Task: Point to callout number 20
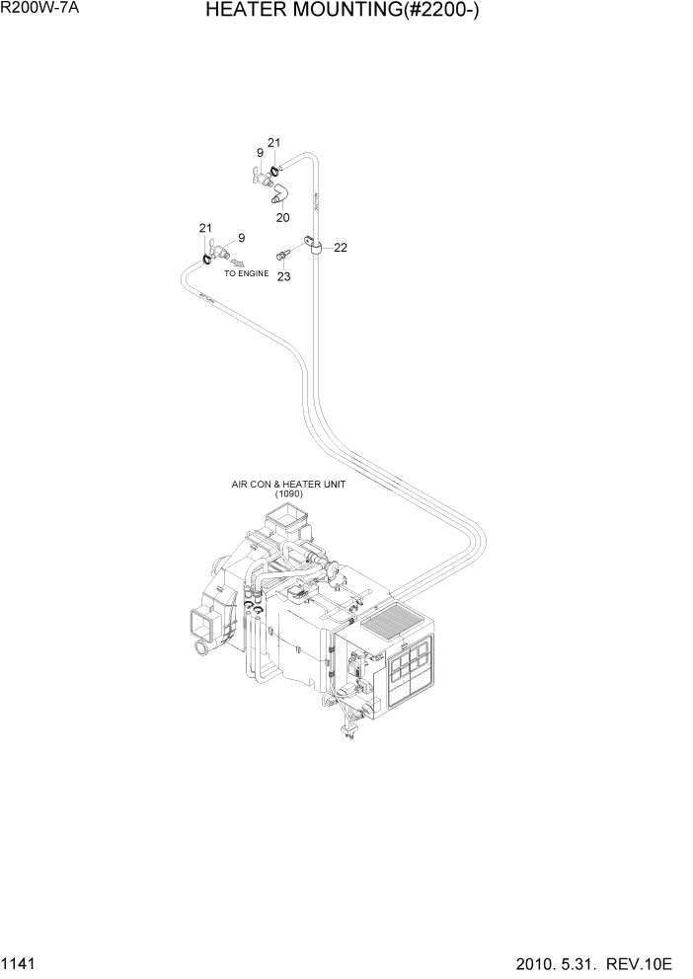283,217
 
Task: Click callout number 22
340,248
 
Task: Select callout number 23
284,277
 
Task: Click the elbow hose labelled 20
281,190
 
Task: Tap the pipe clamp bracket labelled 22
315,242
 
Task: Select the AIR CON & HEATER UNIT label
281,485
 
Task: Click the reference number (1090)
281,494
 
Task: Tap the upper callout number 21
274,143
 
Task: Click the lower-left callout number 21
205,229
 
